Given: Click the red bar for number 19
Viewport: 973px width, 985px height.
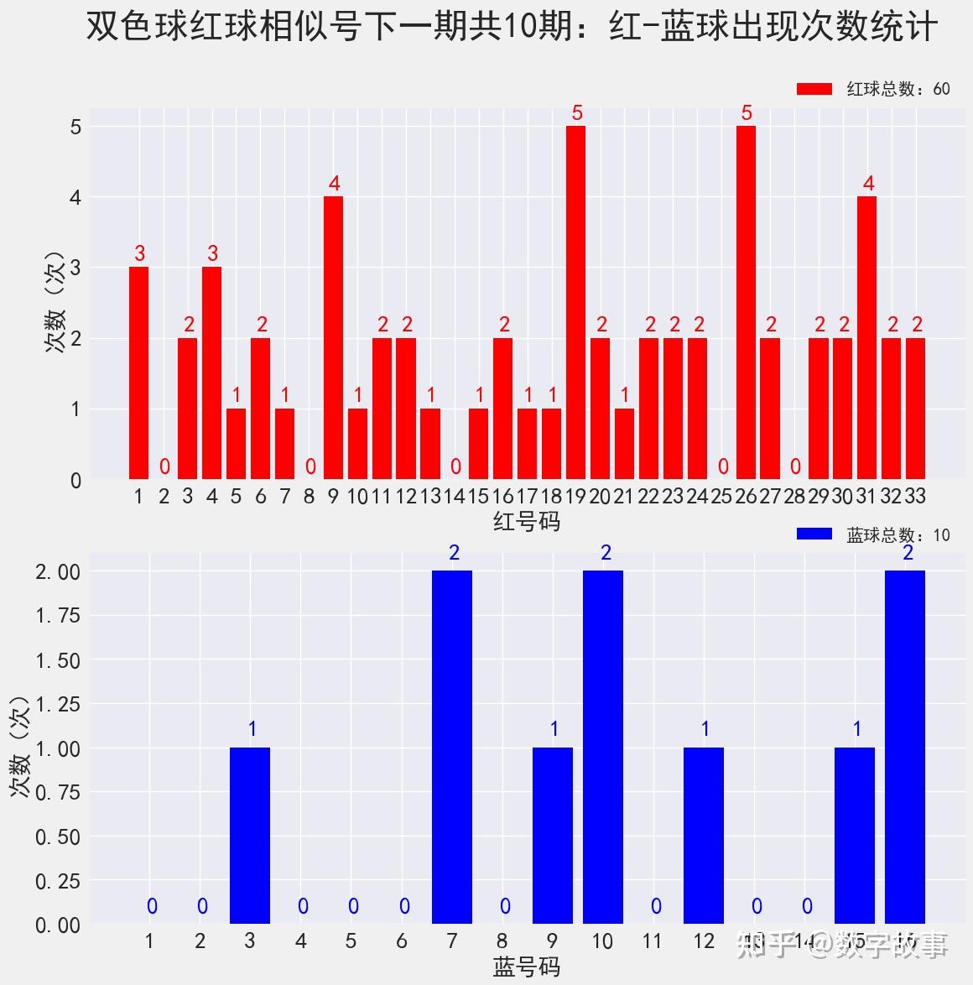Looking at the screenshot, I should coord(575,302).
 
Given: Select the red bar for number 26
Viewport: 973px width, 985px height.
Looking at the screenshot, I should coord(746,302).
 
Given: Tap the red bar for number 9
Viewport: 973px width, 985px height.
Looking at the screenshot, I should coord(333,337).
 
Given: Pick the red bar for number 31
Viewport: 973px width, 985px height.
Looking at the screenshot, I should coord(867,337).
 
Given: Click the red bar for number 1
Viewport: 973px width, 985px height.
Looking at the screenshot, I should coord(138,373).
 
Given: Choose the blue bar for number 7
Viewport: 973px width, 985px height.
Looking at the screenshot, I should coord(452,747).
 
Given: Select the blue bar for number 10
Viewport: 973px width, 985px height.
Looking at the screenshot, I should coord(603,747).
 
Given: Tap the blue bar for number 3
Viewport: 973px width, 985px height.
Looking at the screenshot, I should coord(250,836).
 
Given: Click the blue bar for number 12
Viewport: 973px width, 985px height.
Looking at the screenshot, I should coord(704,836).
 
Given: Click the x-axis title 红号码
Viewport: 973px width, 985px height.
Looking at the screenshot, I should coord(526,522).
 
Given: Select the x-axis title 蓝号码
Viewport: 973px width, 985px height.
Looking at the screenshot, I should coord(526,967).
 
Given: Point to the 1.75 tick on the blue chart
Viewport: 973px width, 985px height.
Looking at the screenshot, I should coord(57,616).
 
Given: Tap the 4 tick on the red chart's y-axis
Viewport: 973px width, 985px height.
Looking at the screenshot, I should coord(75,197).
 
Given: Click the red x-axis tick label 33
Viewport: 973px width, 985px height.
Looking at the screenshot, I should coord(915,497).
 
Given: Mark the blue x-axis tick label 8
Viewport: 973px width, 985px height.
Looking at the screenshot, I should coord(502,941).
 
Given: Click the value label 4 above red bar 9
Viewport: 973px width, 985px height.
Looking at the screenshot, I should coord(334,184).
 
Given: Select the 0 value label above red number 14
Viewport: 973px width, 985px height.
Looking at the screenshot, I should coord(455,466).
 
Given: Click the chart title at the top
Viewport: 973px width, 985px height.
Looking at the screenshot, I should coord(512,28).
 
